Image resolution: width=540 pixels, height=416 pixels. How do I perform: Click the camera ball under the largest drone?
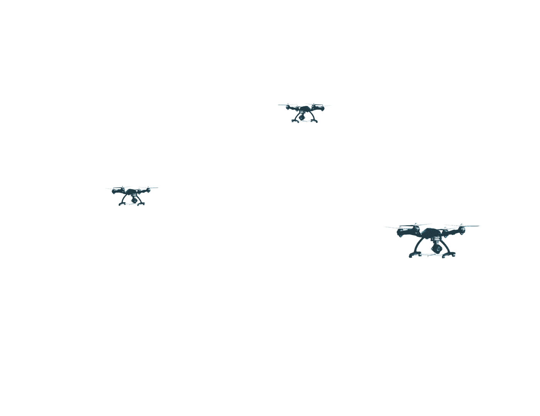[x=437, y=248]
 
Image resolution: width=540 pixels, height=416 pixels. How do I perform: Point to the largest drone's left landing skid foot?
[x=411, y=255]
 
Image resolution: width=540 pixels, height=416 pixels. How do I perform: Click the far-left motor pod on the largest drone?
[x=401, y=232]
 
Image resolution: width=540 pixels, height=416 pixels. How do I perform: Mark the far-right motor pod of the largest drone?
[x=461, y=230]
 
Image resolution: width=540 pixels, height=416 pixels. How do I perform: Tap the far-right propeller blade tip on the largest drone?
[x=479, y=226]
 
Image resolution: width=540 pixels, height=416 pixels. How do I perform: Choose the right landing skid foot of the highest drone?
[x=316, y=121]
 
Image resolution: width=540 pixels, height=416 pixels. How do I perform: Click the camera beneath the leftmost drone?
[x=134, y=200]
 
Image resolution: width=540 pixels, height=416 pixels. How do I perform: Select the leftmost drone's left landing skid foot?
[x=120, y=204]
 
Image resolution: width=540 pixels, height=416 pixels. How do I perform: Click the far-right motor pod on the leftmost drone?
[x=148, y=191]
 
